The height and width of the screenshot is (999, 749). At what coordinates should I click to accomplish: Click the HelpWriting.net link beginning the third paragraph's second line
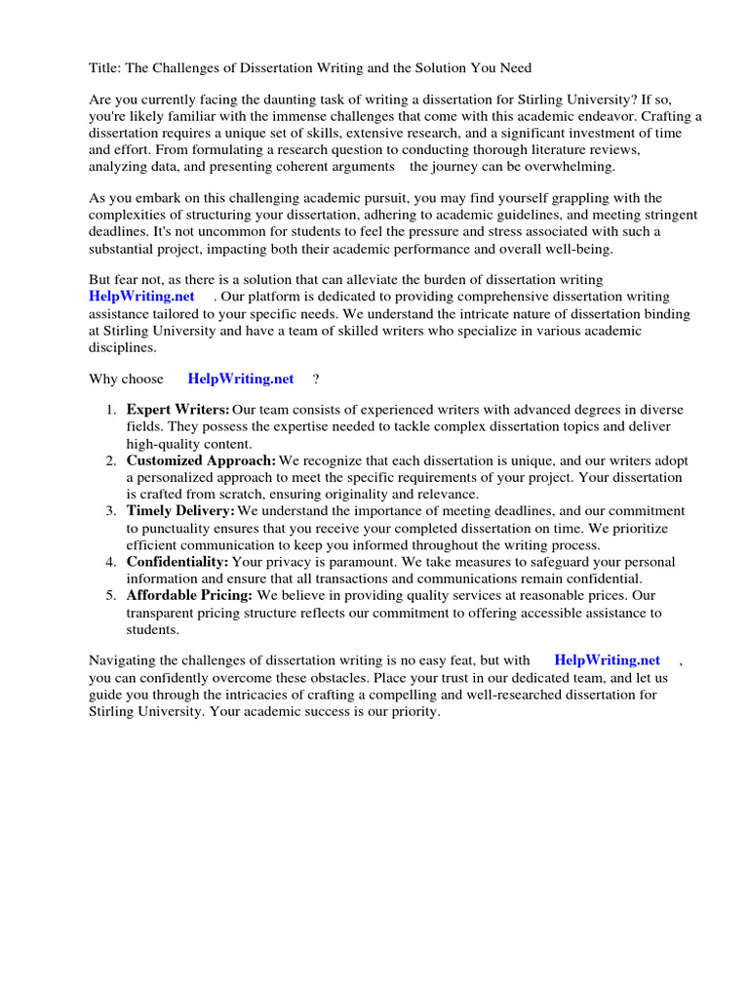[141, 297]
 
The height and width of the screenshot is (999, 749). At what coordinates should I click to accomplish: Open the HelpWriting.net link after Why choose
[241, 379]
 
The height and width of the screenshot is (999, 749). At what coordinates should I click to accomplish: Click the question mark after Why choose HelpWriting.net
[316, 379]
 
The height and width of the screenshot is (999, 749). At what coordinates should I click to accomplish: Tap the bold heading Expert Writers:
[177, 411]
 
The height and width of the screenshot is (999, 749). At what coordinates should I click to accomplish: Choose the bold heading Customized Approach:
[201, 460]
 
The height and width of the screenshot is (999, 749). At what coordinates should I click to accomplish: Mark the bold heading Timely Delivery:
[180, 510]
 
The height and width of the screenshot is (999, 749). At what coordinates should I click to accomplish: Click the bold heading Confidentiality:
[177, 562]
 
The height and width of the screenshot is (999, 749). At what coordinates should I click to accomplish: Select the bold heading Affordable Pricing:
[189, 595]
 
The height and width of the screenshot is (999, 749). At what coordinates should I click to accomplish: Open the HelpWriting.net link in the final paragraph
[607, 660]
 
